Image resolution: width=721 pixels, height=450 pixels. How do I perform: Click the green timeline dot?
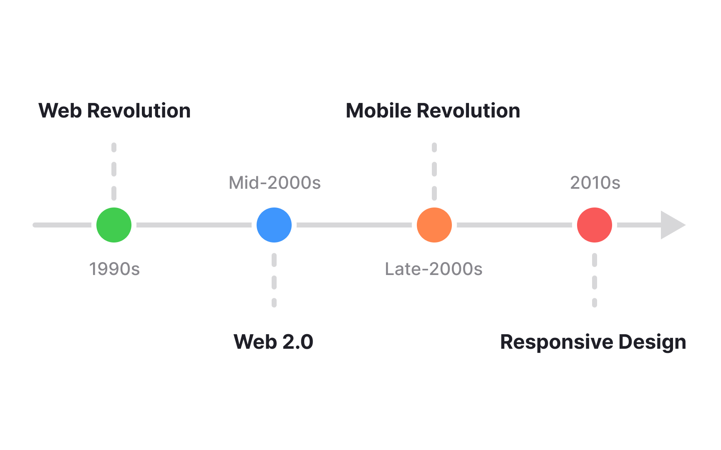click(114, 225)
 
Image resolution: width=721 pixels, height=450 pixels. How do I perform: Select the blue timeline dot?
click(274, 225)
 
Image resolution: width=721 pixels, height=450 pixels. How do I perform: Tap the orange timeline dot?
click(434, 225)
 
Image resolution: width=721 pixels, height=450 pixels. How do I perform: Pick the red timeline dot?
click(595, 225)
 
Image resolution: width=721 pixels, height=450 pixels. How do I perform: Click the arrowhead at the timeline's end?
click(671, 225)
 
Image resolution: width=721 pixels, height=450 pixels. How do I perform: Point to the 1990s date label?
click(114, 269)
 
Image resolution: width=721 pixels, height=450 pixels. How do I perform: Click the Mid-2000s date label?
click(275, 183)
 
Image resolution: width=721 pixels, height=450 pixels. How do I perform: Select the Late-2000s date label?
click(434, 269)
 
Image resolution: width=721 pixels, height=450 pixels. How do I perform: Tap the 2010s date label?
click(595, 183)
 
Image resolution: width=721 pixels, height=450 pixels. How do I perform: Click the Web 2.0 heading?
click(273, 342)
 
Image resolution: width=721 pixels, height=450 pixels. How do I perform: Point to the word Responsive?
click(557, 342)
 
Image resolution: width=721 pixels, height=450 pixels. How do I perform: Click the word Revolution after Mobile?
click(468, 111)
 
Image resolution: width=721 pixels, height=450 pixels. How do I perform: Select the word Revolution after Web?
click(139, 111)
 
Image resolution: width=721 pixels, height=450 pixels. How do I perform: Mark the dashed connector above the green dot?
click(114, 171)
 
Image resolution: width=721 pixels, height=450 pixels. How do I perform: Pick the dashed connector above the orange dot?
click(434, 171)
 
